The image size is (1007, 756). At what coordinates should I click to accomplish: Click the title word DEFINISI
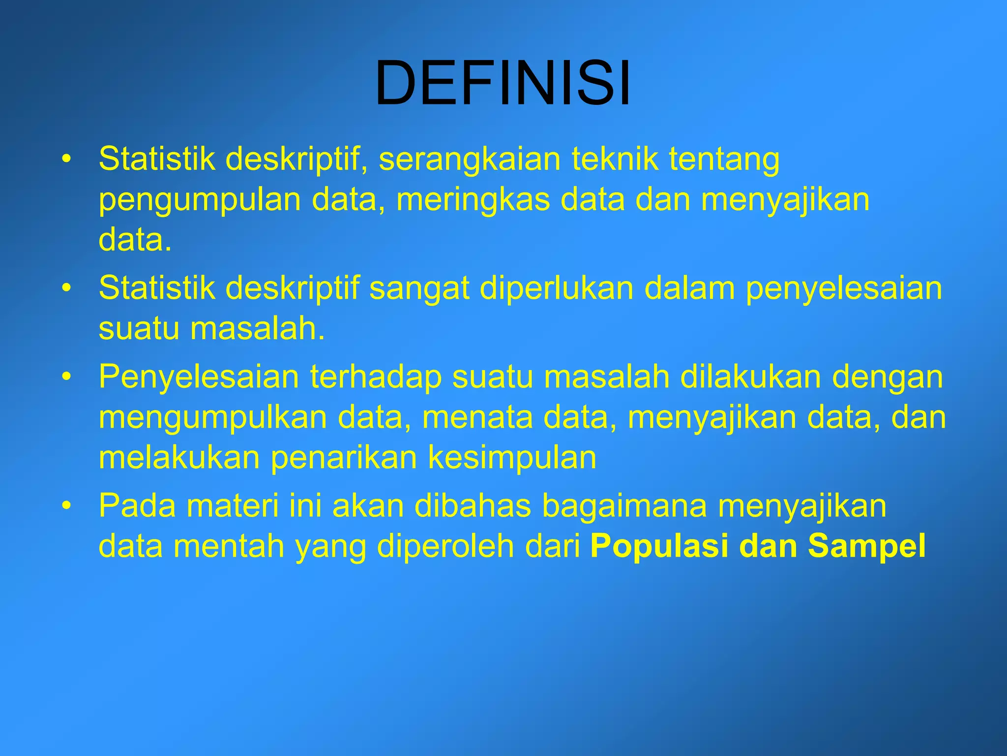pos(503,83)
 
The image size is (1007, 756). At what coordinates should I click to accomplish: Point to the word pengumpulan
pos(200,200)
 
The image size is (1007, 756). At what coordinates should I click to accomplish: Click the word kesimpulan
pos(512,457)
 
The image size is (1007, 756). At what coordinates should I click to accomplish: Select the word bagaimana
pos(624,505)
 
